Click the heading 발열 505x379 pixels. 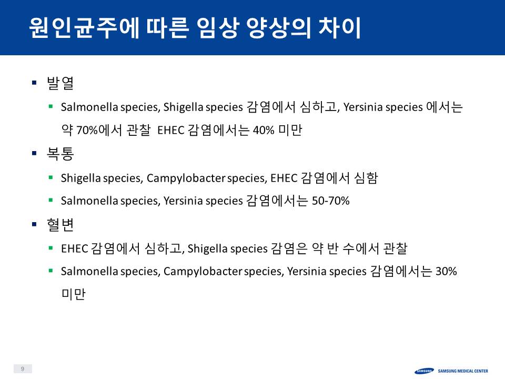tap(60, 83)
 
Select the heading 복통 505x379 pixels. tap(60, 154)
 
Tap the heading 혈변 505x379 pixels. tap(60, 224)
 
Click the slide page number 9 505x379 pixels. tap(23, 368)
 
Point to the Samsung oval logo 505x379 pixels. tap(424, 371)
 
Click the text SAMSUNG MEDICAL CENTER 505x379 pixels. tap(463, 371)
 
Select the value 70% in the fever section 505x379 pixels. tap(87, 130)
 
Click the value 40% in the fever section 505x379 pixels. tap(264, 130)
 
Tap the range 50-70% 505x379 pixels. tap(331, 201)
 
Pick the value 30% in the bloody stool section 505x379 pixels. tap(446, 271)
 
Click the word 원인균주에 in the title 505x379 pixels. tap(84, 28)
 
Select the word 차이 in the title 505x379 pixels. tap(339, 28)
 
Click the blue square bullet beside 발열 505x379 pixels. tap(35, 83)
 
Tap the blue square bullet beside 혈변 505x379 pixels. tap(35, 224)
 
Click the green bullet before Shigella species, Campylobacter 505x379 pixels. tap(50, 177)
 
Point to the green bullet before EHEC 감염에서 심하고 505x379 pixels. tap(50, 248)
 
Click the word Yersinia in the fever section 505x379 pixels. tap(362, 107)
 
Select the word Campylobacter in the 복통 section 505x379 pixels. tap(186, 178)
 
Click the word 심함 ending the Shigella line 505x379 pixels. tap(366, 178)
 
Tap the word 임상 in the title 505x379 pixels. tap(217, 28)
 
